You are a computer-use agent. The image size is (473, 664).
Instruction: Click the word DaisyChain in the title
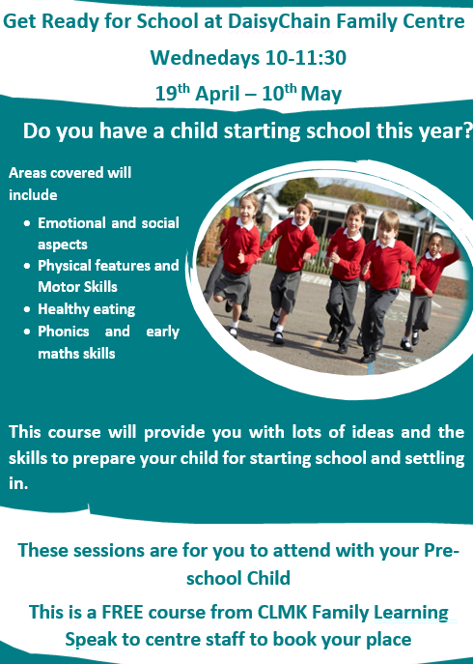(x=279, y=22)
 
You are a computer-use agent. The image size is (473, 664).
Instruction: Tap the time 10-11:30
(x=306, y=58)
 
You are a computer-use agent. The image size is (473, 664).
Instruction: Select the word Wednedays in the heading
(x=206, y=58)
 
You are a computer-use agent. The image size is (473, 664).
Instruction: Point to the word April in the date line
(x=217, y=95)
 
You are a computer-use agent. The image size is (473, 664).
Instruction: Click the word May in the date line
(x=321, y=95)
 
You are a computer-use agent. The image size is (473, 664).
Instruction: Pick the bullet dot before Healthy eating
(x=27, y=309)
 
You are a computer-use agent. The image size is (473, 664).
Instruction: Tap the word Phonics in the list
(x=64, y=332)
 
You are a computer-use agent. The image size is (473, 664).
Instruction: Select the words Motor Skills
(x=77, y=287)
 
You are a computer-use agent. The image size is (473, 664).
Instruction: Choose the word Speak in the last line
(x=91, y=640)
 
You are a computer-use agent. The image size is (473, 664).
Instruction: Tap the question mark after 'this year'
(x=467, y=130)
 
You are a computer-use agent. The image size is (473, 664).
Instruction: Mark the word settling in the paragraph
(x=434, y=459)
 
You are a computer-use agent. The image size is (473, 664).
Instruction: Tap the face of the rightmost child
(x=434, y=243)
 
